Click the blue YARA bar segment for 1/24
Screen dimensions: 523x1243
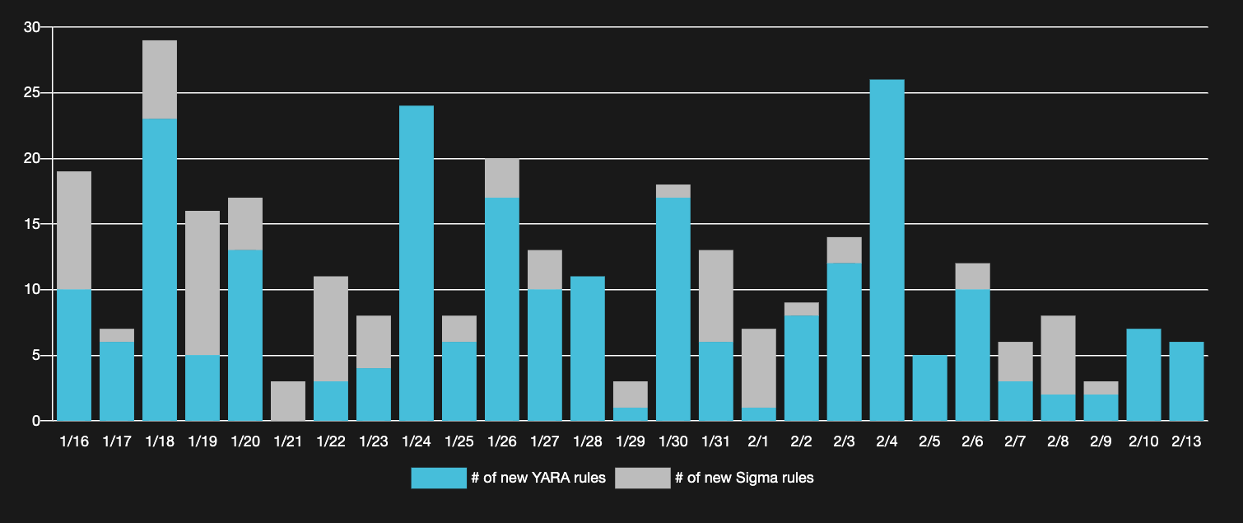417,264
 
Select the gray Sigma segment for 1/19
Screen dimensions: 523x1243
203,283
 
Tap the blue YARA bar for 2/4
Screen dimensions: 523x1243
887,250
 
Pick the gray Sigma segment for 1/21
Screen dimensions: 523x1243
288,401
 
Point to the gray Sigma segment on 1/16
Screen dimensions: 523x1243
74,231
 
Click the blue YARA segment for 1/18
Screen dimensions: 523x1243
160,270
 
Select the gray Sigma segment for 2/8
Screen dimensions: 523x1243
1058,355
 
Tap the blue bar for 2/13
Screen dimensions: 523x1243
1186,381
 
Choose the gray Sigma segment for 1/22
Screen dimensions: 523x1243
331,329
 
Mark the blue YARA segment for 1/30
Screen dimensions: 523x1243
673,310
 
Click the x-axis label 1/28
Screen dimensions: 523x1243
587,442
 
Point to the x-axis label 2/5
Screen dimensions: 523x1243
929,442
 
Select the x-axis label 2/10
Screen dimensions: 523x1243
1143,442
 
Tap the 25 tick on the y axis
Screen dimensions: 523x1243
32,93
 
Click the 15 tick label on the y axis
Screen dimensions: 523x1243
32,224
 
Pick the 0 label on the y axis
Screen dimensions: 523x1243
36,421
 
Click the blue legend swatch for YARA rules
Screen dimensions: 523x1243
439,478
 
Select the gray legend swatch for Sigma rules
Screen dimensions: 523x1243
643,478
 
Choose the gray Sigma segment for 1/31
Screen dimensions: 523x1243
715,297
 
